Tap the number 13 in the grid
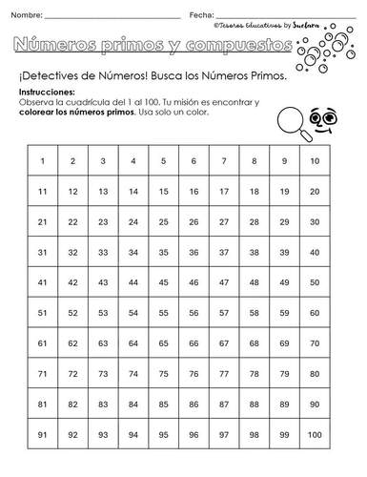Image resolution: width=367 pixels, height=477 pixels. click(x=102, y=192)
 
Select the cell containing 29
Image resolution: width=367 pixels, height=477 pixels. click(x=284, y=222)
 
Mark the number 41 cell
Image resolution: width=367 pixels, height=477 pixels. click(x=42, y=283)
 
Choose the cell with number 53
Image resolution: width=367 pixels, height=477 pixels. click(x=102, y=313)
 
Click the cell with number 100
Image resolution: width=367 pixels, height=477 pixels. click(x=315, y=435)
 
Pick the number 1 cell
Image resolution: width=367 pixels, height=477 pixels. click(x=42, y=161)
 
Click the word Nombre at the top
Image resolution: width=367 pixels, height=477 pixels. click(x=28, y=15)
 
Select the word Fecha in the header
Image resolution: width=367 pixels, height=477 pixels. click(x=201, y=15)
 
